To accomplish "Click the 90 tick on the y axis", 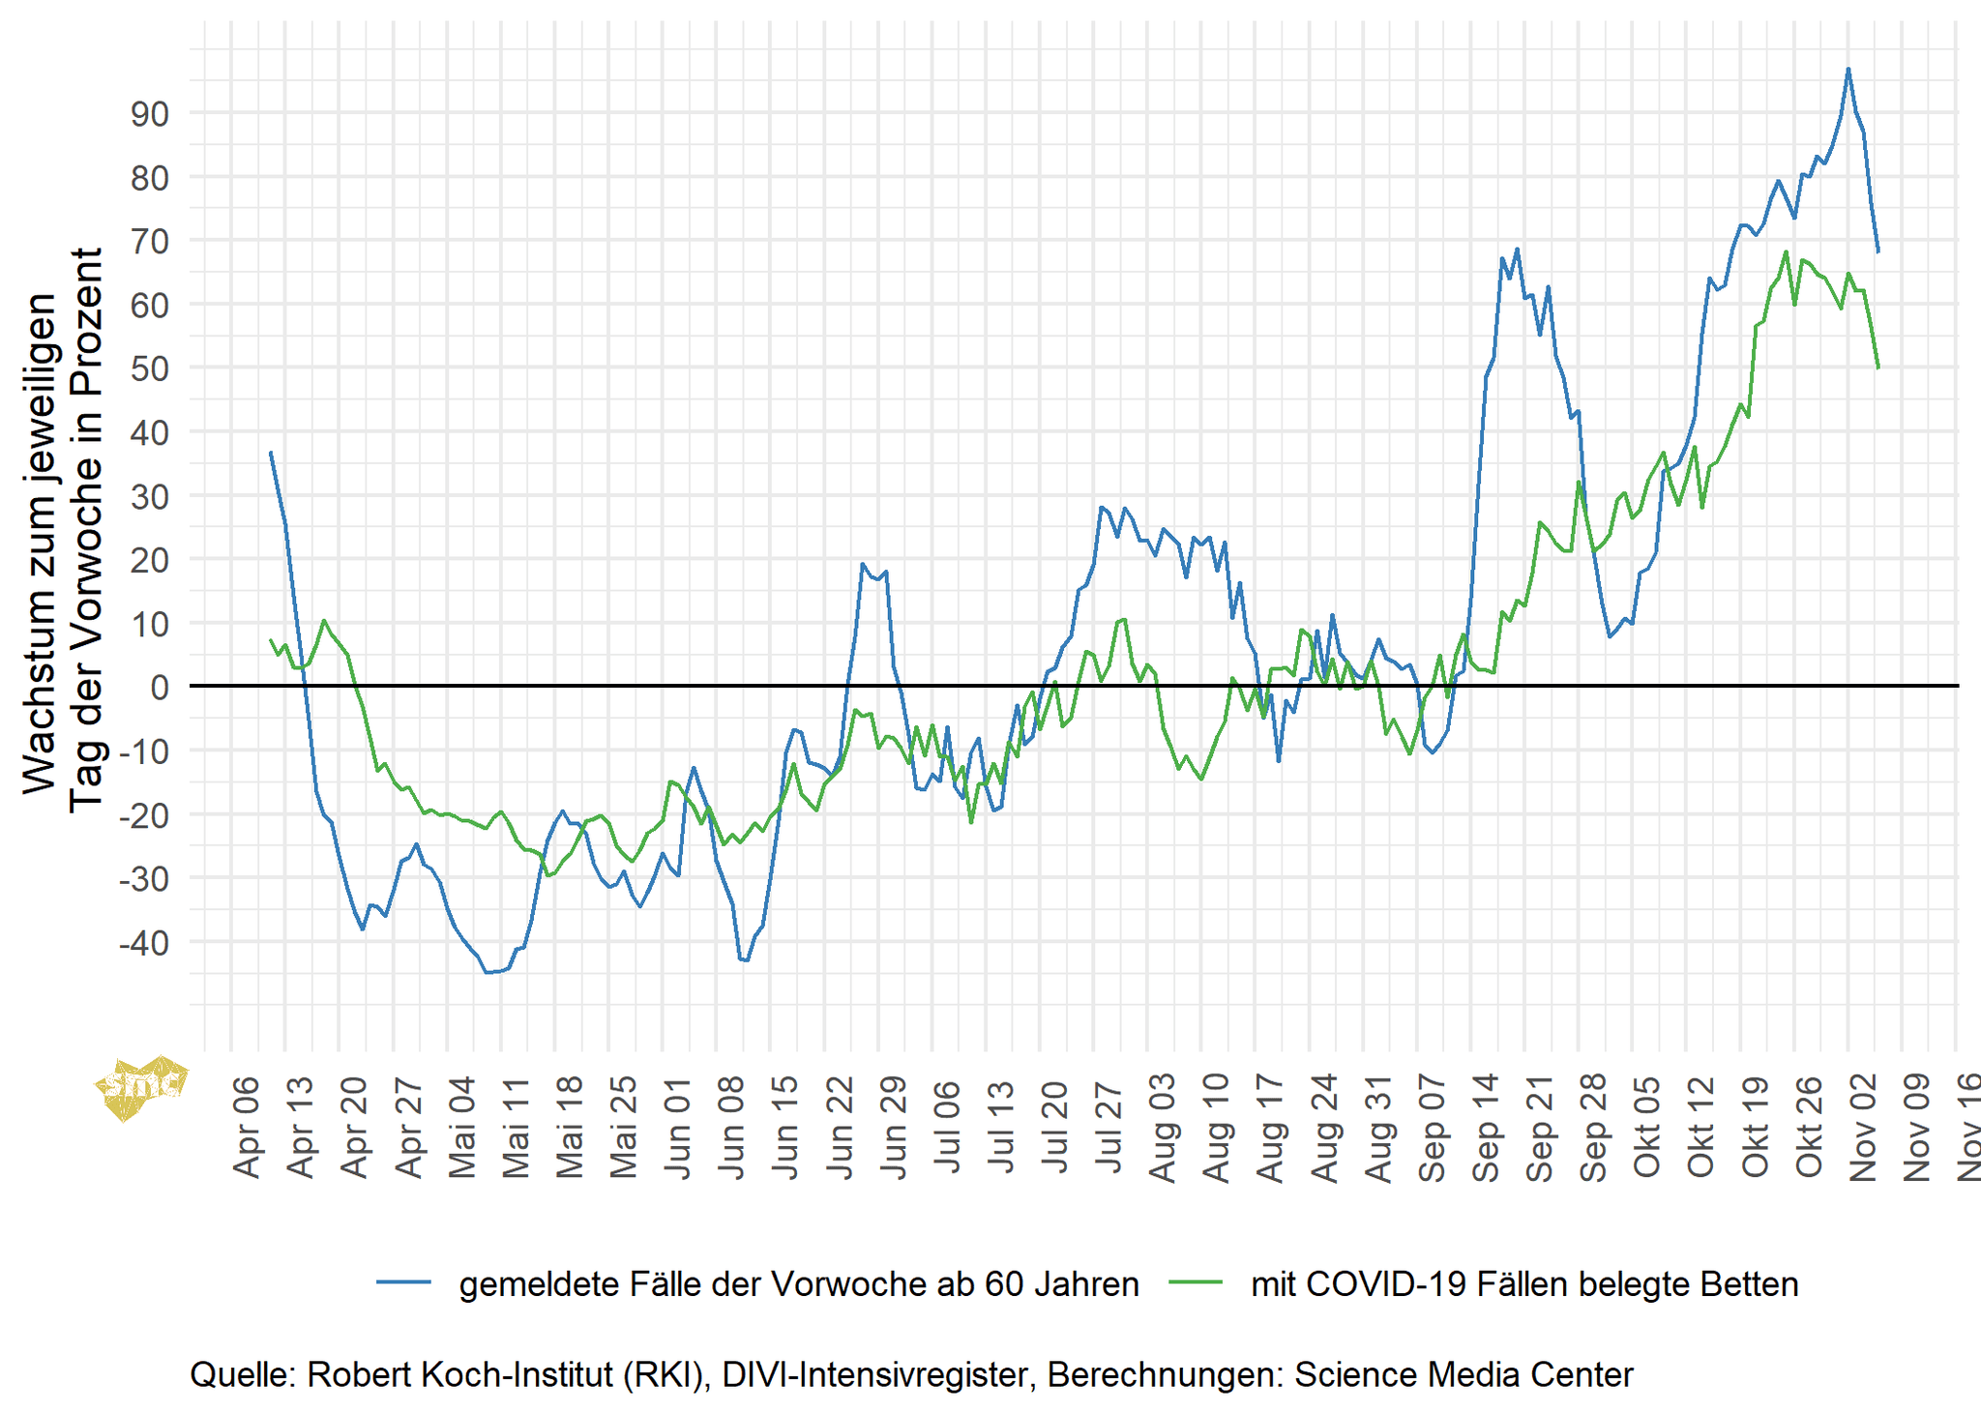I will [x=149, y=114].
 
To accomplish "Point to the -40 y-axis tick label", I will [x=143, y=943].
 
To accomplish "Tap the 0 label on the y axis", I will [x=159, y=688].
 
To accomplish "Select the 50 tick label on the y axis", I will [x=149, y=369].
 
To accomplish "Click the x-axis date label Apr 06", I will [x=249, y=1126].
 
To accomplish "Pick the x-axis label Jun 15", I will [x=787, y=1126].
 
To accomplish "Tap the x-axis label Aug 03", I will [x=1164, y=1126].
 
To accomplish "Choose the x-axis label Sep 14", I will [x=1487, y=1126].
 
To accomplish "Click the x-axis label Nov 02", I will [x=1863, y=1126].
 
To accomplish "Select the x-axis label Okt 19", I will [x=1756, y=1126].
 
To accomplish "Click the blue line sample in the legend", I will [x=404, y=1282].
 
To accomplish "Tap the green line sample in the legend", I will [x=1196, y=1282].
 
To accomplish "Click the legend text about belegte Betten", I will [x=1524, y=1284].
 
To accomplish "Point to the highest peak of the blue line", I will [x=1848, y=69].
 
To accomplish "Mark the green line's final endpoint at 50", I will [x=1878, y=368].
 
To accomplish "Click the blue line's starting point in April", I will [x=271, y=453].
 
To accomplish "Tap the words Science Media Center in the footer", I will [x=1464, y=1374].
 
